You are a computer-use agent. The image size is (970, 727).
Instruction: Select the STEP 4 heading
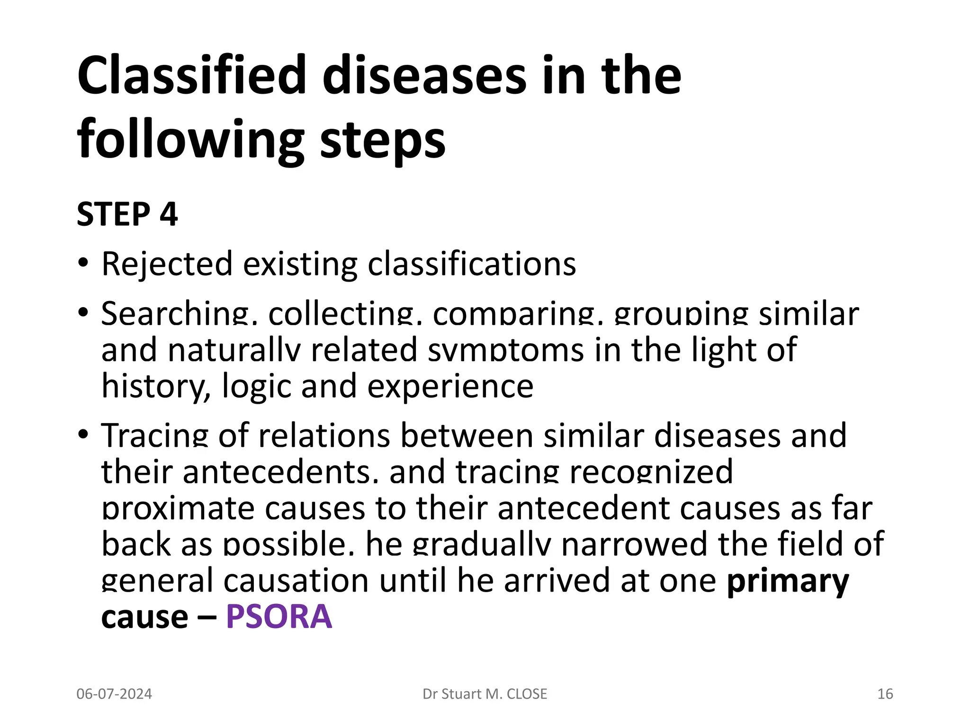pos(127,214)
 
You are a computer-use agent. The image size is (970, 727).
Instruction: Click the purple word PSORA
pos(279,617)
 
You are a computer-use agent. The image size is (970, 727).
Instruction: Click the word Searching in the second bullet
pos(175,314)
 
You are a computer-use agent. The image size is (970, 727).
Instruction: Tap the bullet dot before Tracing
pos(83,433)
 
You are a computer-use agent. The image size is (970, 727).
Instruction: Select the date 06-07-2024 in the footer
pos(114,694)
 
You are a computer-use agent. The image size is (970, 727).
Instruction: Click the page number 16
pos(885,694)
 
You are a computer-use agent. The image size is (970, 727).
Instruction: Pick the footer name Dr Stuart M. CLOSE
pos(485,694)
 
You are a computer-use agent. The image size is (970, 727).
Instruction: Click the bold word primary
pos(788,581)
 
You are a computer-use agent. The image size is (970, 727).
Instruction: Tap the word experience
pos(450,386)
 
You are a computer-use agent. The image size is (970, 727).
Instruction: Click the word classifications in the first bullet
pos(472,264)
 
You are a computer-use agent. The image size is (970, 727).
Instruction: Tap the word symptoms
pos(505,350)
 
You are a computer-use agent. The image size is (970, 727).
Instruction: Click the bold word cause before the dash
pos(145,617)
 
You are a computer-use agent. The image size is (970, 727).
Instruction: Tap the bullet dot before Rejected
pos(83,263)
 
